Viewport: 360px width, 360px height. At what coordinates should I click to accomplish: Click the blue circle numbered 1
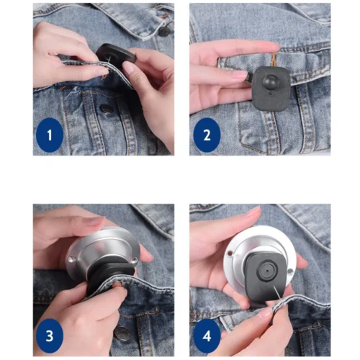50,135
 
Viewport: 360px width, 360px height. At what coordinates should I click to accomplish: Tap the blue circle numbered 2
207,135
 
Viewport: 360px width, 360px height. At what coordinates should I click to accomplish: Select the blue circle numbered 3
50,336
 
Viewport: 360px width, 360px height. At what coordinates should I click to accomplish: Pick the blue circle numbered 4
207,336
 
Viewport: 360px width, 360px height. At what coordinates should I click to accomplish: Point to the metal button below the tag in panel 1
105,109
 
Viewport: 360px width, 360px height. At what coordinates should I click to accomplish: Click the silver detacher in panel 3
103,250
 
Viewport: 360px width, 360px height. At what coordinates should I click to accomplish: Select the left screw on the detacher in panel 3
71,259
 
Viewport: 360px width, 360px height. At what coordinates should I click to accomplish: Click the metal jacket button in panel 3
122,333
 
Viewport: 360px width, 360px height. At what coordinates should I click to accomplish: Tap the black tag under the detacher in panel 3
108,276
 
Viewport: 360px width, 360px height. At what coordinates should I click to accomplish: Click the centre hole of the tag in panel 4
267,271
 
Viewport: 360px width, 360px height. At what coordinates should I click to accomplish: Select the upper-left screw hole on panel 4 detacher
230,253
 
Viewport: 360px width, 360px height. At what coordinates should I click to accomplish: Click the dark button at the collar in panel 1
165,32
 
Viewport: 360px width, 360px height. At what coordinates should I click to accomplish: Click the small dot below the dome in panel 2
271,93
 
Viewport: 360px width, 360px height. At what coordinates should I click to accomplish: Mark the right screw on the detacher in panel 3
135,260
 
